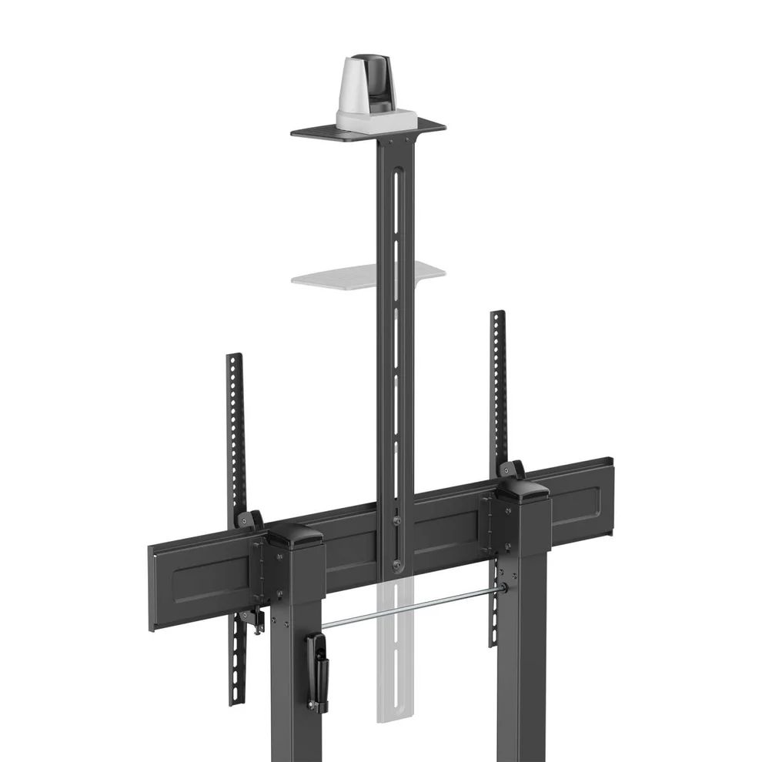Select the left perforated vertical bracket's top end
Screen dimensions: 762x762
(234, 360)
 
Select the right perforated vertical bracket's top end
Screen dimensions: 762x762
(498, 316)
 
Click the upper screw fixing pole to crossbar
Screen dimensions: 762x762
(396, 520)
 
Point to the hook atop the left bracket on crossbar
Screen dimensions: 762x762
(249, 520)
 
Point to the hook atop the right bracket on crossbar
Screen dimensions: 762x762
(511, 468)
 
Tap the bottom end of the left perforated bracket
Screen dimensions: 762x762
(236, 697)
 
